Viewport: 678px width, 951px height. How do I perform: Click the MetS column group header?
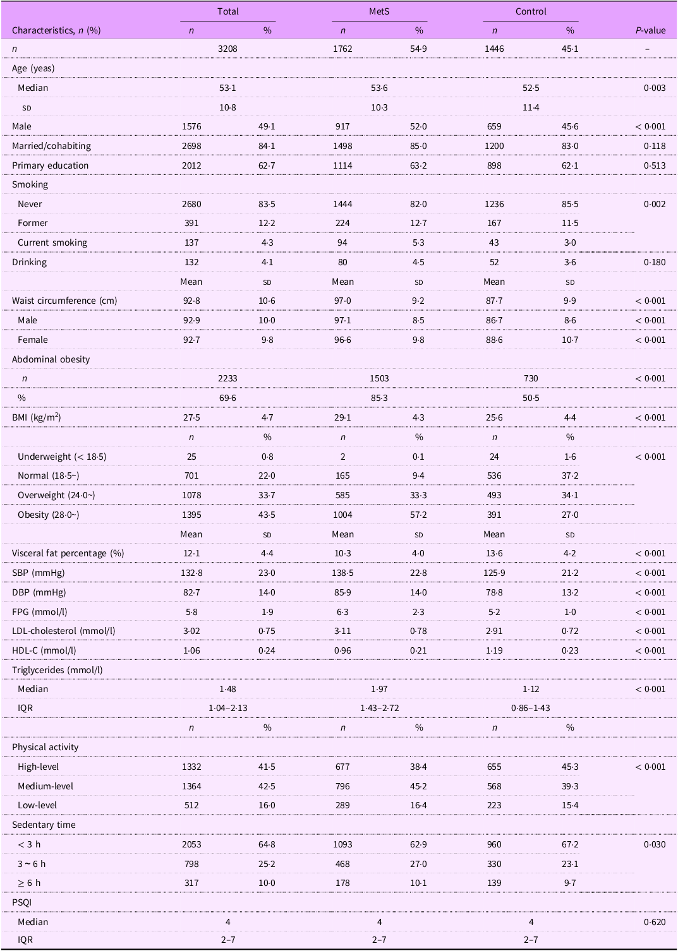click(x=379, y=11)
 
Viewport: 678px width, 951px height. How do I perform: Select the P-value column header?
click(x=650, y=30)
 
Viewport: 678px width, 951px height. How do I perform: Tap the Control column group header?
click(x=531, y=11)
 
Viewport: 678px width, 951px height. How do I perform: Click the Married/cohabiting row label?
click(x=51, y=146)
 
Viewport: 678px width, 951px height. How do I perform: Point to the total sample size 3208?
click(x=227, y=49)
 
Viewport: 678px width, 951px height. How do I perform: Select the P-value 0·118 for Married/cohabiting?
click(x=655, y=146)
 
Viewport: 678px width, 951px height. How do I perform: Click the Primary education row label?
click(x=50, y=165)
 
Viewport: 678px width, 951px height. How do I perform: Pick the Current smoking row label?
click(x=52, y=242)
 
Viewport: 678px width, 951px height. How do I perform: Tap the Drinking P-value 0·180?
click(x=655, y=262)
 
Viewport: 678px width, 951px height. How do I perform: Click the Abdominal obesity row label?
click(x=51, y=359)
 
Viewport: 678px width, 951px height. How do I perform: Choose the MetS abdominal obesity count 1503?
click(x=379, y=378)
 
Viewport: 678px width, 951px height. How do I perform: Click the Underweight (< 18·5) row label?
click(x=62, y=457)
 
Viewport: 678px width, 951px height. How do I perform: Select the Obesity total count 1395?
click(x=191, y=515)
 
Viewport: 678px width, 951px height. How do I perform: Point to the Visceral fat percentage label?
click(x=68, y=553)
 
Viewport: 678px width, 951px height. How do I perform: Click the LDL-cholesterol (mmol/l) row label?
click(x=63, y=631)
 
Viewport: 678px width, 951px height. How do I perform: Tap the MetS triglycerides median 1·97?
click(x=379, y=689)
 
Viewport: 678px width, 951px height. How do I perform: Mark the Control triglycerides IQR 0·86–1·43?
click(x=531, y=708)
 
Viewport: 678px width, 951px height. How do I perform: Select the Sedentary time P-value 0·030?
click(x=655, y=844)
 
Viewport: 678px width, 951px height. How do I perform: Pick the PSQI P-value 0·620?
click(x=655, y=922)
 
